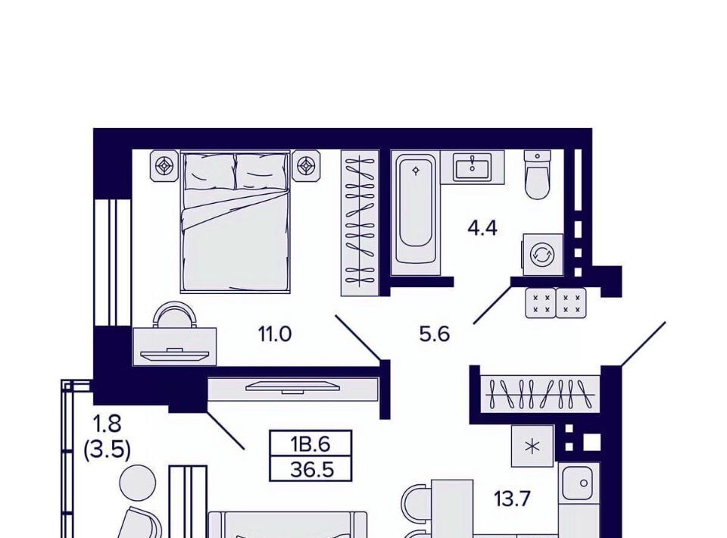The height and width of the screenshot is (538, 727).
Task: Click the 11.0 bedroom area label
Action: (x=274, y=334)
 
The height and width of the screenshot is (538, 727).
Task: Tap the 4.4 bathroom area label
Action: (x=482, y=228)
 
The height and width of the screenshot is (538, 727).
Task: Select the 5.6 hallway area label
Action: (x=435, y=334)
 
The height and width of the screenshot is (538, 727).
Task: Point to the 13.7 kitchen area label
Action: (x=512, y=499)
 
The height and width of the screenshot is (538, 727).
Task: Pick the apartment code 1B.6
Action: (x=310, y=444)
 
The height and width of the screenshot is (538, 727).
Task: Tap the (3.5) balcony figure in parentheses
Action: (x=107, y=450)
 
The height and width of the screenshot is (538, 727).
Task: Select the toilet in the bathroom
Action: (x=538, y=174)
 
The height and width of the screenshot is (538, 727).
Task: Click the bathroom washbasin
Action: (x=472, y=167)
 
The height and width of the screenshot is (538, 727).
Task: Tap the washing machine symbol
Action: (x=543, y=255)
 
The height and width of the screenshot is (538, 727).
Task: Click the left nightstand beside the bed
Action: (x=164, y=165)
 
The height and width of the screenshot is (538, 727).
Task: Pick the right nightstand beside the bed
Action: (x=306, y=165)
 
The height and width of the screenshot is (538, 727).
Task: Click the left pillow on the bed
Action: (x=210, y=171)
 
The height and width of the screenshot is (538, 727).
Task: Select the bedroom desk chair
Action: (x=175, y=314)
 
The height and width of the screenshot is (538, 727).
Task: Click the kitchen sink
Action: (x=577, y=483)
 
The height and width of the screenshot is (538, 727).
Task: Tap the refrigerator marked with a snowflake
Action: (x=532, y=446)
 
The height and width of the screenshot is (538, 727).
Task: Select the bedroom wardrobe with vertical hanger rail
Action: (x=360, y=223)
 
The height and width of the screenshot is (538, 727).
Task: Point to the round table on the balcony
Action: (x=138, y=483)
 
